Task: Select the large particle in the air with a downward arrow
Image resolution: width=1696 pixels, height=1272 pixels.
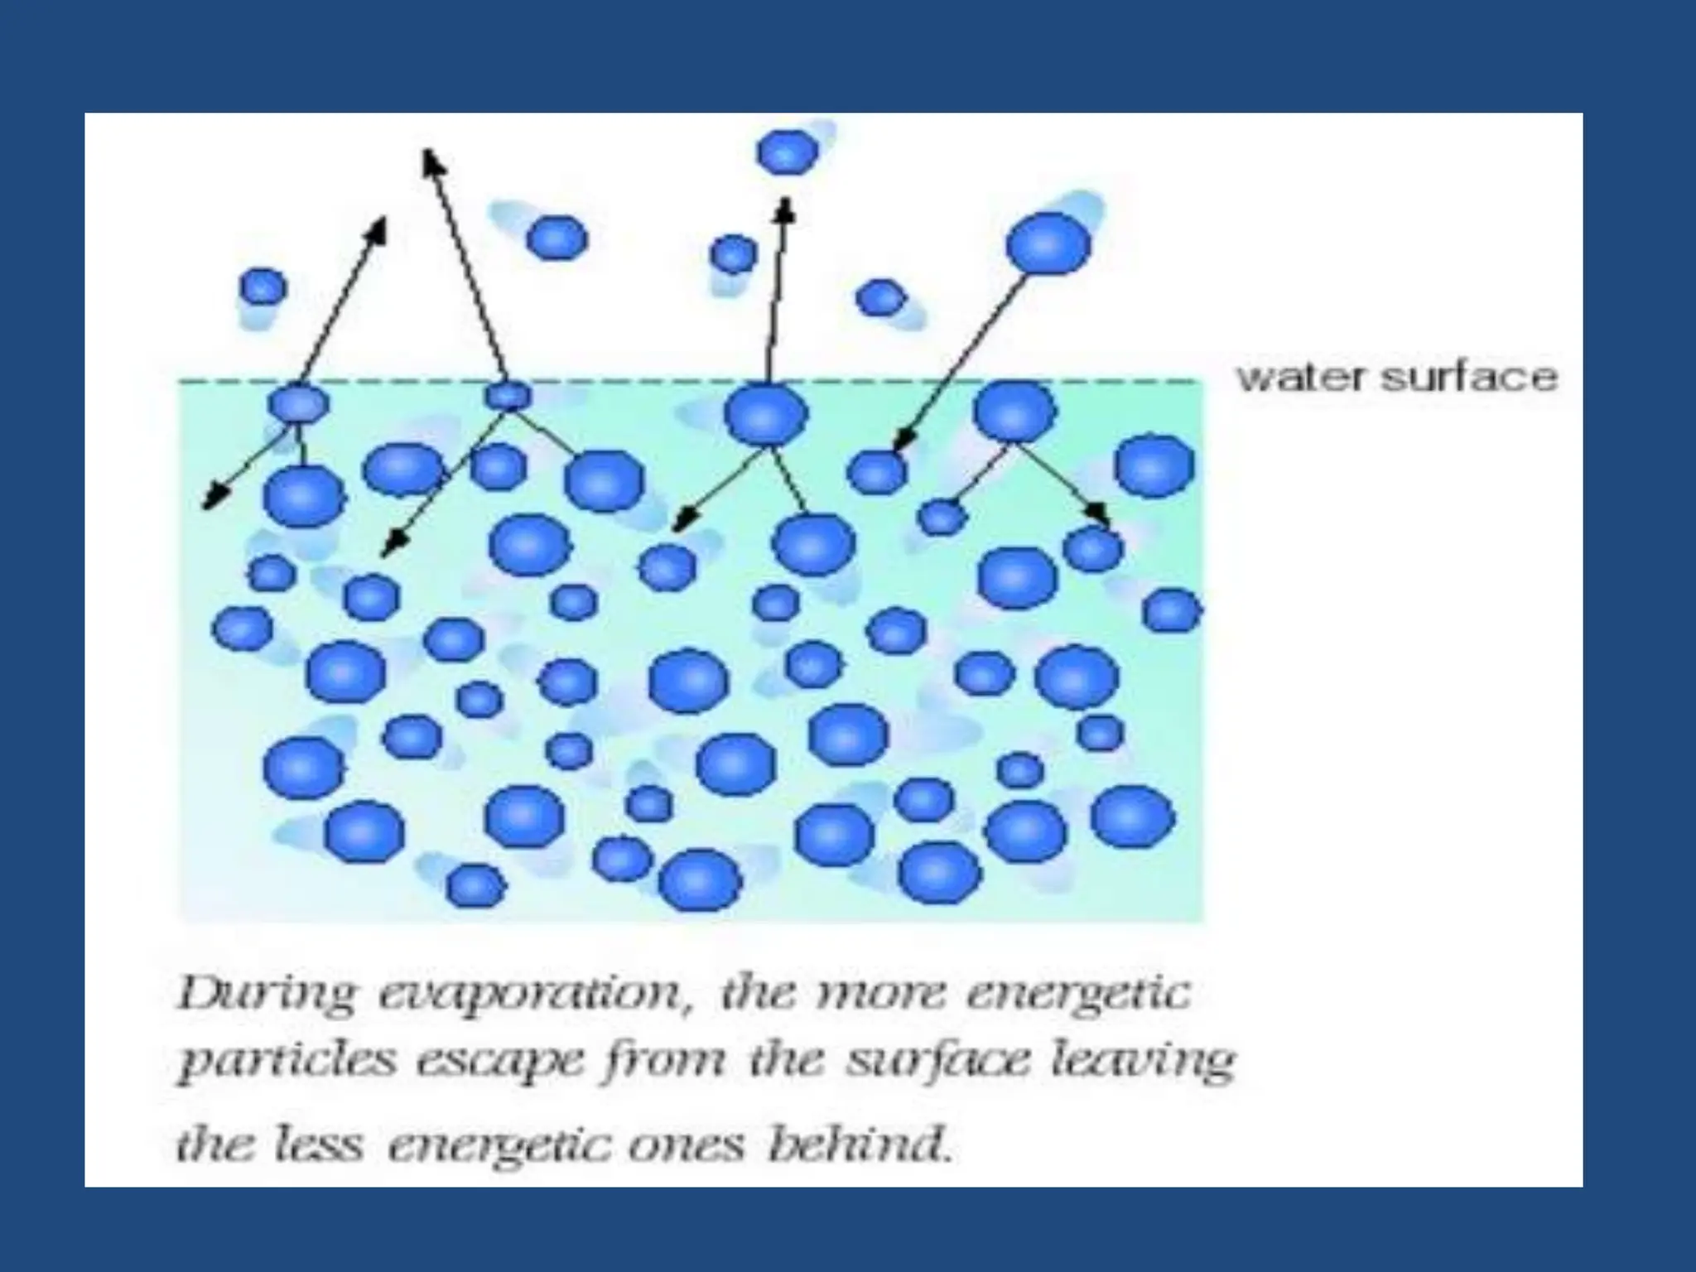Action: tap(1049, 243)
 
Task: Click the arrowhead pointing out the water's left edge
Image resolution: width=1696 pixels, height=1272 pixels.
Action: tap(211, 502)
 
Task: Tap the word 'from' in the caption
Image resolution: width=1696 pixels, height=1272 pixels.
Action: tap(662, 1062)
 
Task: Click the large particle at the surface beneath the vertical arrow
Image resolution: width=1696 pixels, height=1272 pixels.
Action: tap(766, 415)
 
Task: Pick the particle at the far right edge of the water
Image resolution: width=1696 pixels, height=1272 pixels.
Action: tap(1171, 611)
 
